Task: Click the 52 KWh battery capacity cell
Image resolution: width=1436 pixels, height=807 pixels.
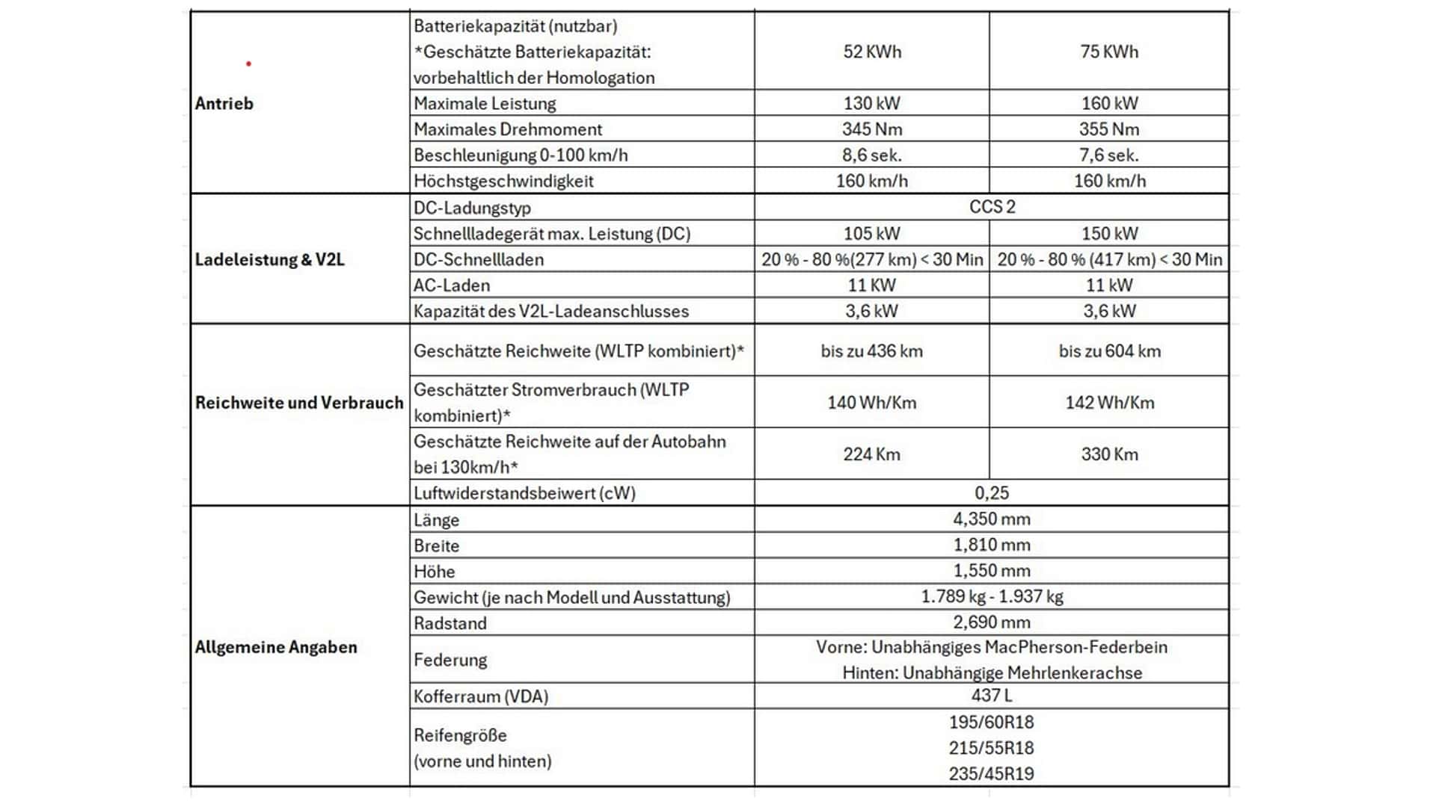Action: [x=871, y=52]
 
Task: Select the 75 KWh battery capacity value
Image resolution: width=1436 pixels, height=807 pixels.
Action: [x=1108, y=52]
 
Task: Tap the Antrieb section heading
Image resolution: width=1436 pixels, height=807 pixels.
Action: [x=224, y=104]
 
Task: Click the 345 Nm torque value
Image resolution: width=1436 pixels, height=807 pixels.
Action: [x=871, y=129]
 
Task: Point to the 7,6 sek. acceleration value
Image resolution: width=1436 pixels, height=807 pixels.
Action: [x=1108, y=155]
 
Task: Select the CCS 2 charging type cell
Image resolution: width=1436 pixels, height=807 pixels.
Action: [x=992, y=207]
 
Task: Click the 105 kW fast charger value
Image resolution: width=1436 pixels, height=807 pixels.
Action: [x=871, y=233]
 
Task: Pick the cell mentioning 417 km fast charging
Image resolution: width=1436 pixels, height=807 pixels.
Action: [x=1109, y=259]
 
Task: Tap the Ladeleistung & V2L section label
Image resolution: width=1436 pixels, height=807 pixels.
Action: [x=269, y=259]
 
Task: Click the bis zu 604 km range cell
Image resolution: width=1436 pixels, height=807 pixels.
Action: [x=1109, y=351]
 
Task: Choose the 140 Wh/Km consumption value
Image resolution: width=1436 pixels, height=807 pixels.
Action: [x=871, y=403]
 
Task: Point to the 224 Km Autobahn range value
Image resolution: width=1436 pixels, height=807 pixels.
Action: [x=871, y=454]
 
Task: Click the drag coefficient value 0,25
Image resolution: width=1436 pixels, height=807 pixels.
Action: [x=992, y=493]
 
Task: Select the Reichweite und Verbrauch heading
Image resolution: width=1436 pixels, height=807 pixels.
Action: [x=299, y=403]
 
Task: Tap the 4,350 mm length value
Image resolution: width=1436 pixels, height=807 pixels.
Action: [x=992, y=519]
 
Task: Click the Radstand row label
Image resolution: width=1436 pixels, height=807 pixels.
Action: [x=450, y=623]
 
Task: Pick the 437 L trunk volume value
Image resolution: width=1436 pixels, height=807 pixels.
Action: [x=992, y=696]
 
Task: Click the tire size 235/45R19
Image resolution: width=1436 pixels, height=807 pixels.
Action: [x=992, y=773]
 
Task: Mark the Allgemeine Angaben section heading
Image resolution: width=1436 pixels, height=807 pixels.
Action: [x=276, y=647]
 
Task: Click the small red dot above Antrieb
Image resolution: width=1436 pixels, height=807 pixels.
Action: [x=248, y=64]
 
